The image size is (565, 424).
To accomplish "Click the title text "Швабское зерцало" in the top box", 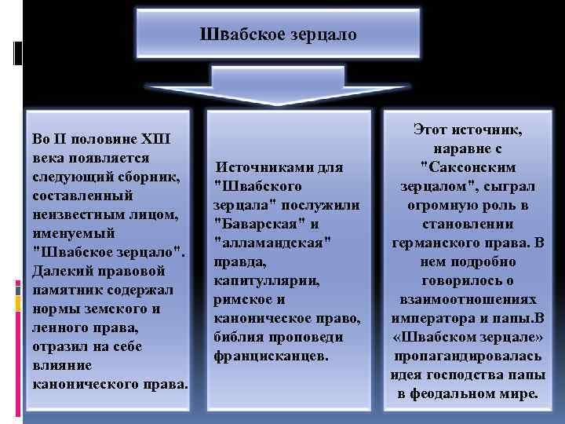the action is (x=278, y=35).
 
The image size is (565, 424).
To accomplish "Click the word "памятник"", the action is (x=67, y=290).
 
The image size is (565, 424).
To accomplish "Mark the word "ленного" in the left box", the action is (x=60, y=328).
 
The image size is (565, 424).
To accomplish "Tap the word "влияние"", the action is (x=62, y=365).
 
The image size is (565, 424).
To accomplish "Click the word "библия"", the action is (x=238, y=337).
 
